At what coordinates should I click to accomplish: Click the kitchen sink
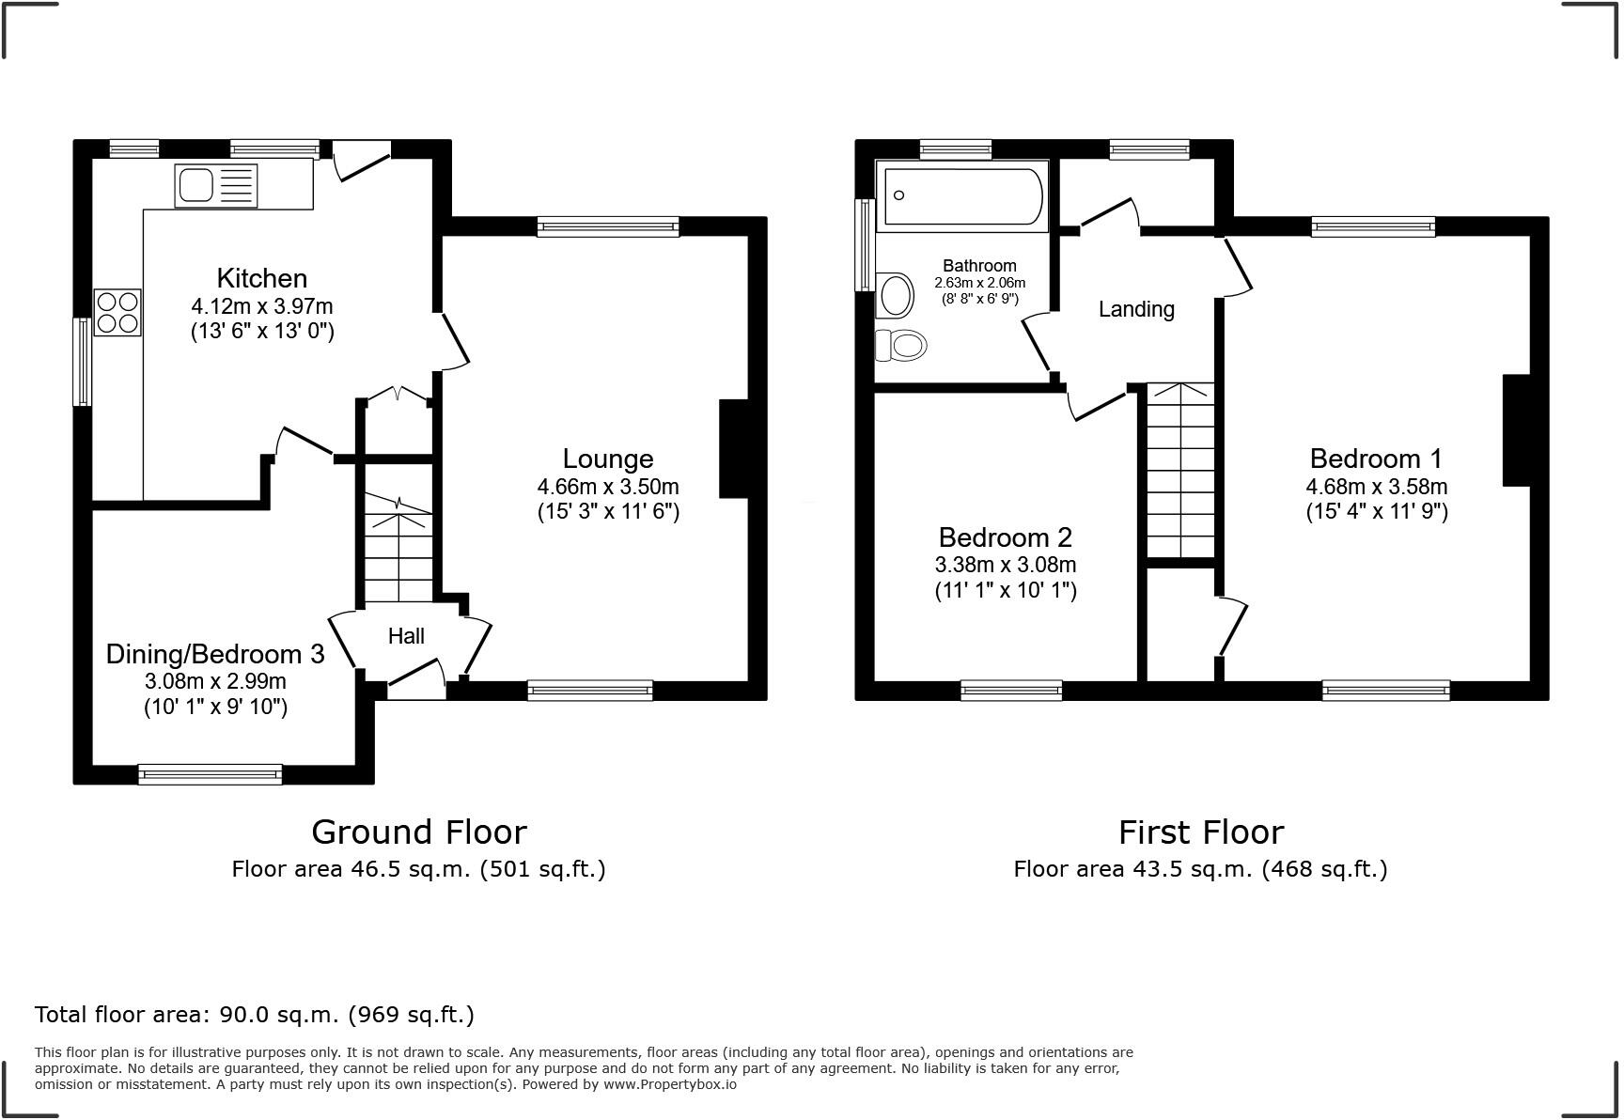pos(215,185)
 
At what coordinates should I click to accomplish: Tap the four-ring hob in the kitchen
pos(117,312)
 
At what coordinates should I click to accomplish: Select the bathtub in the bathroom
pos(961,195)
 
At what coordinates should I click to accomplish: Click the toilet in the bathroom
pos(900,346)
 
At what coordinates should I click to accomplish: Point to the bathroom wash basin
pos(896,295)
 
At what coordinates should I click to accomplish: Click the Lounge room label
pos(607,459)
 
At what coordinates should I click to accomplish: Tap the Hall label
pos(406,636)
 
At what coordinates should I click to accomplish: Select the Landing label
pos(1136,309)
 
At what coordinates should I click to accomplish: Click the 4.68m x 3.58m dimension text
pos(1376,487)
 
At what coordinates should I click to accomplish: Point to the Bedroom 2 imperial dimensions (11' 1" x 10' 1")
pos(1005,590)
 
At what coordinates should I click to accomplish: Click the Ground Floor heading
pos(418,832)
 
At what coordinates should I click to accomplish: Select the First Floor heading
pos(1200,832)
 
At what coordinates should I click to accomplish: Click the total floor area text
pos(254,1015)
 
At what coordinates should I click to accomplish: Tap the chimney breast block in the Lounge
pos(734,449)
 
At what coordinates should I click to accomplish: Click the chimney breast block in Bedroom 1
pos(1517,430)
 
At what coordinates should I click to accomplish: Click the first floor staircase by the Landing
pos(1180,470)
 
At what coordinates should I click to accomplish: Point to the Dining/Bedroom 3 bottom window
pos(210,774)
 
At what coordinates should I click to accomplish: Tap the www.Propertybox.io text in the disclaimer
pos(669,1084)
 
